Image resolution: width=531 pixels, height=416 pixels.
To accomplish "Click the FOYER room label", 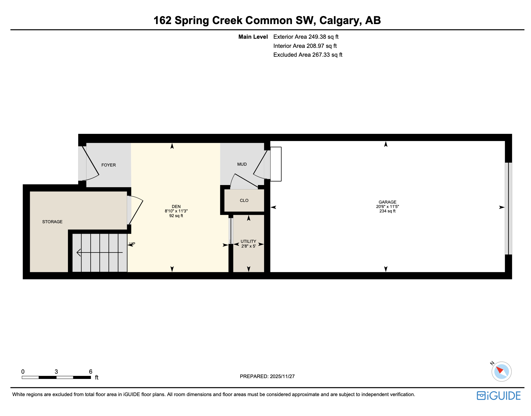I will (x=109, y=165).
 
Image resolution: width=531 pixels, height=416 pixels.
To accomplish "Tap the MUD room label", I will (x=242, y=164).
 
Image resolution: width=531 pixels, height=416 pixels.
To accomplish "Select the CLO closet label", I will (x=244, y=201).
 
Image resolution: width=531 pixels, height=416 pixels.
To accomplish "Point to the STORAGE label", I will (x=52, y=222).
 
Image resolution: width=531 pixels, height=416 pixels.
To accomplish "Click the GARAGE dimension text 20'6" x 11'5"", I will (x=387, y=207).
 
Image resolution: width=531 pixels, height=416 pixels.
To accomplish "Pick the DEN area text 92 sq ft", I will (x=176, y=216).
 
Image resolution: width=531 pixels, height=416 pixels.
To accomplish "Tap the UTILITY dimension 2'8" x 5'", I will (x=248, y=246).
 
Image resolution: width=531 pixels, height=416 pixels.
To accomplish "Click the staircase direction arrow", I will (x=99, y=253).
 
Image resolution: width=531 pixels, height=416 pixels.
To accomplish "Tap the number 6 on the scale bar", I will (x=91, y=372).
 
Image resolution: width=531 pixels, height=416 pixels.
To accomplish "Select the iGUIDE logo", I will (x=498, y=396).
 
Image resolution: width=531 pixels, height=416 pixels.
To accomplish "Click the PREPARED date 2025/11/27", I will (x=282, y=376).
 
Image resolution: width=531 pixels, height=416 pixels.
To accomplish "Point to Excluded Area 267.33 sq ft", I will (x=308, y=55).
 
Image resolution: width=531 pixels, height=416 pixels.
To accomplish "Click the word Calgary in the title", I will (x=340, y=20).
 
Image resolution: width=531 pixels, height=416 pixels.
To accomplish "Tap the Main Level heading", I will (x=253, y=37).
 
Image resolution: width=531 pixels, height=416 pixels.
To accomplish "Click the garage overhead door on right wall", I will (x=508, y=209).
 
